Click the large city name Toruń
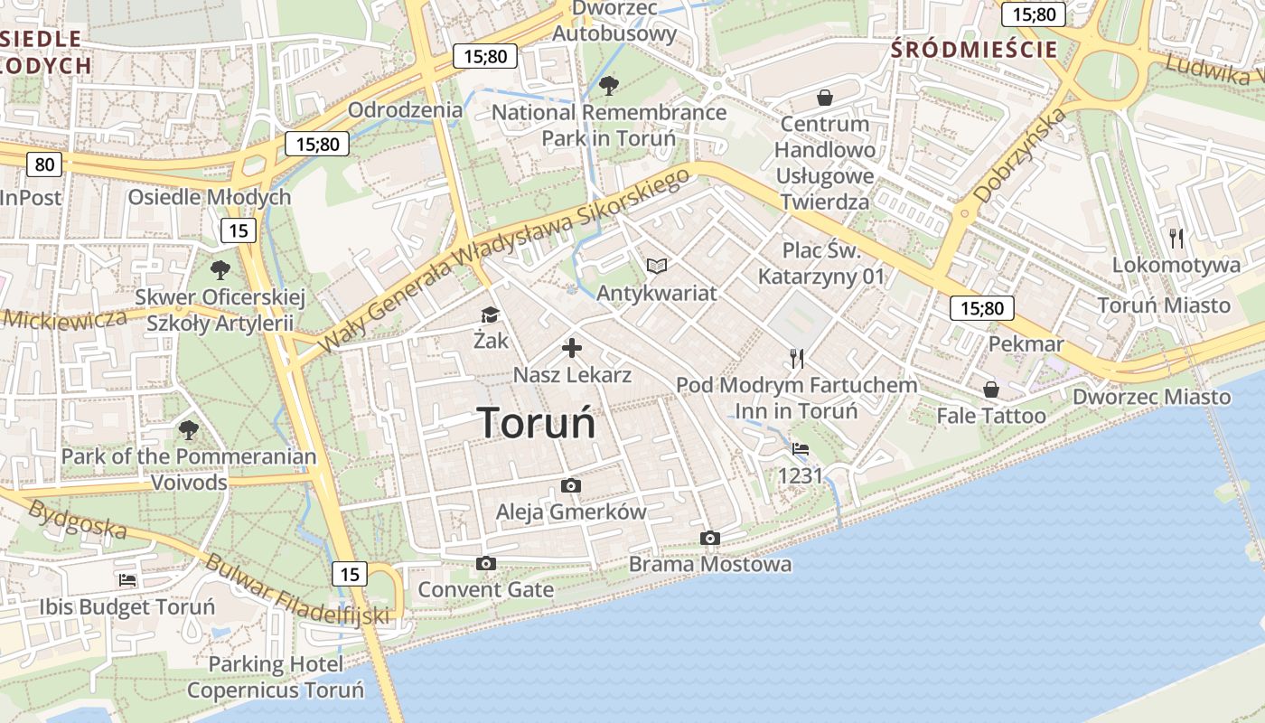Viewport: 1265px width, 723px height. pos(536,422)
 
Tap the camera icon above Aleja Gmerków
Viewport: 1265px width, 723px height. pos(570,486)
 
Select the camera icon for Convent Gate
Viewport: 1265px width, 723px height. pos(485,564)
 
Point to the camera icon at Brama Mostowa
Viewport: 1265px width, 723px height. pos(710,539)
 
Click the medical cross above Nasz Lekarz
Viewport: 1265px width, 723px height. pos(571,348)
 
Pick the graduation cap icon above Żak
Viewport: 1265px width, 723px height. pos(490,315)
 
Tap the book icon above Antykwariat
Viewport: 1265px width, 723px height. pos(657,266)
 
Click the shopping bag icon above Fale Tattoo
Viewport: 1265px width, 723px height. pos(991,390)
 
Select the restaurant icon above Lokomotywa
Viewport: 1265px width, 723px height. pos(1176,239)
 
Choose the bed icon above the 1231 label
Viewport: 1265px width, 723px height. pos(801,448)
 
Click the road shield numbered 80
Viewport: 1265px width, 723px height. pos(44,164)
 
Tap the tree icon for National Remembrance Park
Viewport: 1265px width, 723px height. pos(609,86)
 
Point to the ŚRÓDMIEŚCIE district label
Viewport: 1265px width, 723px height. pos(974,50)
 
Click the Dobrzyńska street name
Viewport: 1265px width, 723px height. pos(1020,156)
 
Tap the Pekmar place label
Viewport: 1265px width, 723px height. pos(1026,344)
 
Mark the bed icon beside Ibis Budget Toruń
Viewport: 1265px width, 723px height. pos(127,579)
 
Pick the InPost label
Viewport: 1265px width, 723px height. pos(31,198)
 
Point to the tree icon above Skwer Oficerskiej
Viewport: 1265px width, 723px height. pos(220,269)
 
